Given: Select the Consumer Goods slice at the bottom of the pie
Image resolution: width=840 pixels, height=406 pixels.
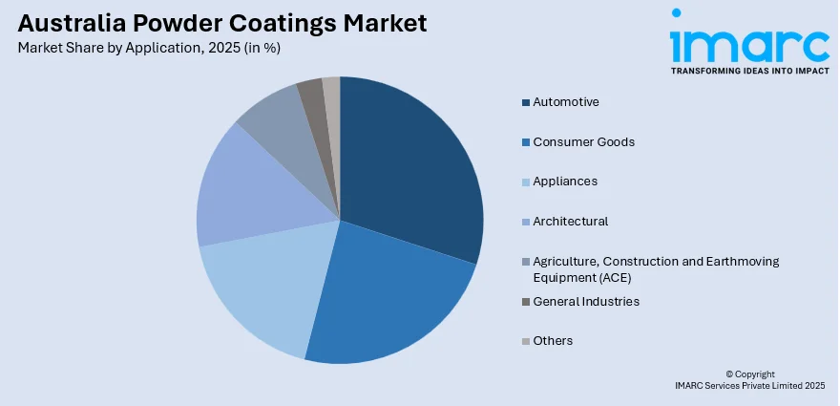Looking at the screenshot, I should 382,296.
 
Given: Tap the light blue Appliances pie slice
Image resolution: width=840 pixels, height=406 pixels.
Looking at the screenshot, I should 258,287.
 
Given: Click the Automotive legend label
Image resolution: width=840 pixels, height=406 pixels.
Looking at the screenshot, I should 566,101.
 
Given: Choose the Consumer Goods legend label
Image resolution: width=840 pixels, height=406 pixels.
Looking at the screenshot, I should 583,141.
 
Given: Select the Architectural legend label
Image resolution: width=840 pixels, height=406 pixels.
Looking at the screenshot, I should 571,222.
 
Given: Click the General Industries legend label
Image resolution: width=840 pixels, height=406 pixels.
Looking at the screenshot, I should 586,302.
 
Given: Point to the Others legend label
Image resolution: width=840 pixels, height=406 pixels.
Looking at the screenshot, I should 554,341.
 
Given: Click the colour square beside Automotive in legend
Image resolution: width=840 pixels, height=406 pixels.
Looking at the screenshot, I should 525,102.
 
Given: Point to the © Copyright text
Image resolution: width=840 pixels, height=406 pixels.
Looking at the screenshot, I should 750,374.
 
